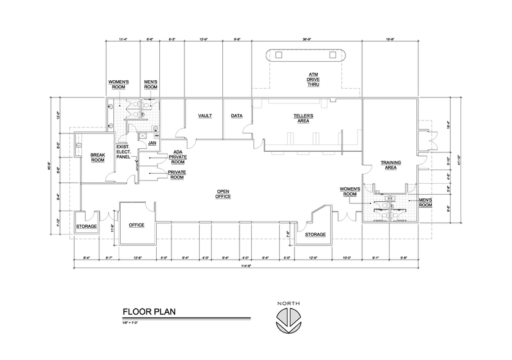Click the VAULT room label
tap(205, 116)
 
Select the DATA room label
tap(237, 116)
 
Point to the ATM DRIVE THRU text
tap(313, 80)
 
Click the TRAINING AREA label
tap(391, 164)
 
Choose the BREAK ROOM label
tap(98, 157)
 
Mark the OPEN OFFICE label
tap(223, 194)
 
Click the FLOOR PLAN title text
tap(149, 312)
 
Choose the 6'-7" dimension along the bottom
tap(108, 257)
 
